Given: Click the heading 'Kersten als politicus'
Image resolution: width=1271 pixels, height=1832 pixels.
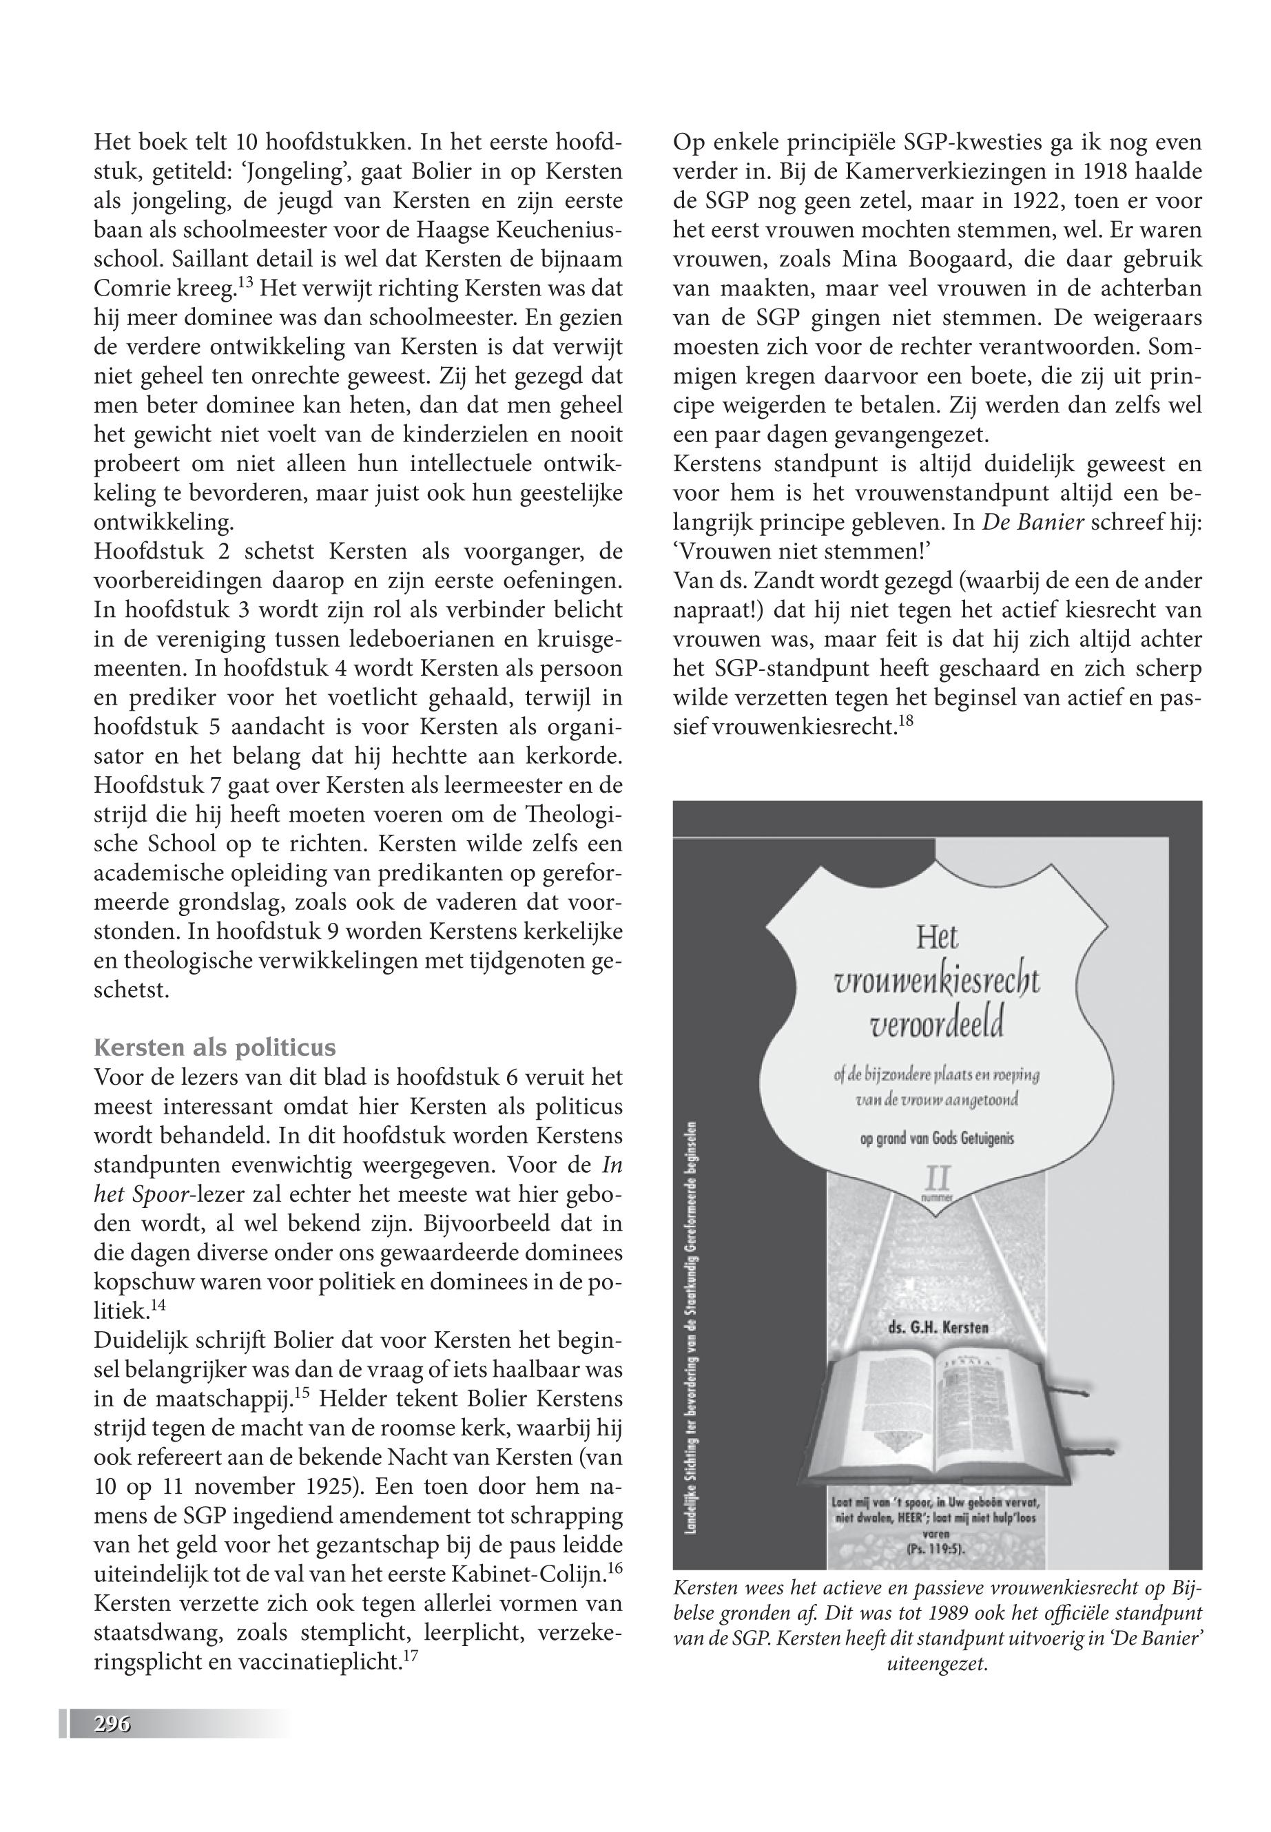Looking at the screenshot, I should point(214,1047).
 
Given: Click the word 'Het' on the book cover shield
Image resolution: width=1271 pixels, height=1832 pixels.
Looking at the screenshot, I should point(936,939).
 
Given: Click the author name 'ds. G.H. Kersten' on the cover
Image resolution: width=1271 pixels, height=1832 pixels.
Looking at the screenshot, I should point(938,1327).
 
